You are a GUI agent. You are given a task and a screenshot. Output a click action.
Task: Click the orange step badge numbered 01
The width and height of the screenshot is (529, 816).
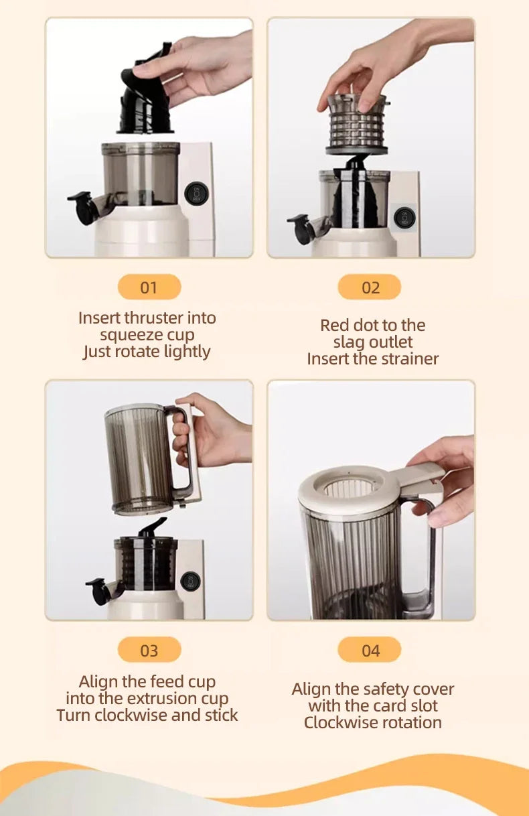click(149, 287)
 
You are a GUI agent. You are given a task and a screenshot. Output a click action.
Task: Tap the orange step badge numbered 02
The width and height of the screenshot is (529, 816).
click(370, 287)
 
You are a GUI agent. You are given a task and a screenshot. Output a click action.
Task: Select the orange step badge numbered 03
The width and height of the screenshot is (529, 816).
click(149, 650)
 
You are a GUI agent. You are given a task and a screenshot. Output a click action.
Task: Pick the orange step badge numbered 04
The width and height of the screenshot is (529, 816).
click(370, 650)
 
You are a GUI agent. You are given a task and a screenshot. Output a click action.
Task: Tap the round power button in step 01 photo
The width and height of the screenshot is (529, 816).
click(196, 193)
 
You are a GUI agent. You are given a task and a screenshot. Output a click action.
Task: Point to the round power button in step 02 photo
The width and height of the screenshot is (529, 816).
click(404, 218)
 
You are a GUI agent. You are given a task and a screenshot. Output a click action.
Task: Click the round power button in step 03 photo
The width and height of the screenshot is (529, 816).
click(190, 581)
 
